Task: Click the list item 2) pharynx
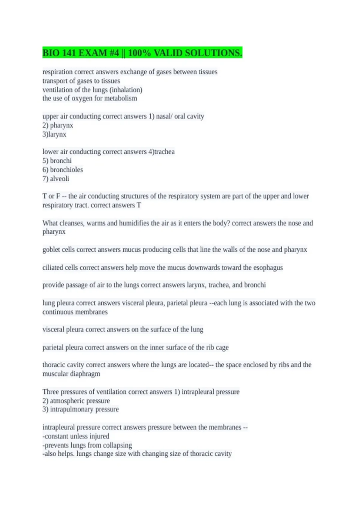click(58, 125)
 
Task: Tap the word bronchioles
click(66, 169)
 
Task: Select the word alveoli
click(59, 178)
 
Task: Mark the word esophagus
click(268, 267)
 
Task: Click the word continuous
click(58, 312)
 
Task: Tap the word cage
click(222, 347)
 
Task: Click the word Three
click(51, 392)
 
